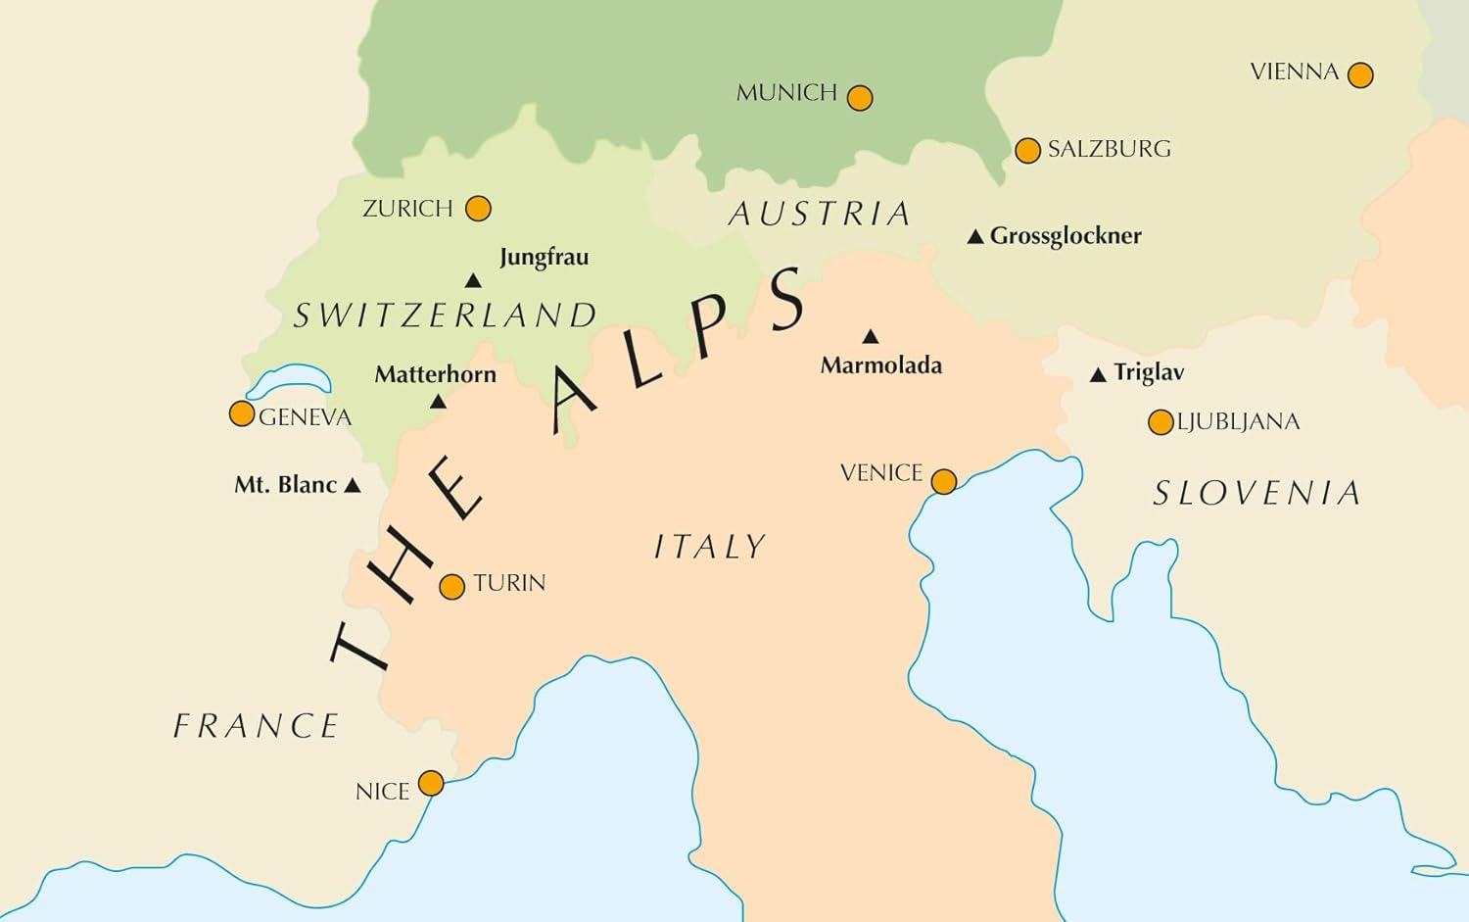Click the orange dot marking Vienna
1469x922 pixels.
point(1360,74)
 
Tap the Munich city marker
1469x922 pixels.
point(860,98)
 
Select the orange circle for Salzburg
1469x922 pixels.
point(1027,150)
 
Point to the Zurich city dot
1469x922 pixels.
point(478,209)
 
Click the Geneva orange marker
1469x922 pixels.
point(242,413)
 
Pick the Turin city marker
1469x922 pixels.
point(451,587)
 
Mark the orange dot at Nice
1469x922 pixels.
point(431,783)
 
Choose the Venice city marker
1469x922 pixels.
point(943,481)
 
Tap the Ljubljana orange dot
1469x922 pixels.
point(1161,422)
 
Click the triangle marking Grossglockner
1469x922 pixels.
point(975,237)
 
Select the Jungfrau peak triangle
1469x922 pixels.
point(473,281)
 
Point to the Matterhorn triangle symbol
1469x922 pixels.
point(438,402)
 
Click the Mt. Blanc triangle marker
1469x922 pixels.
point(353,485)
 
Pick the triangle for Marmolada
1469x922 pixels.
point(870,337)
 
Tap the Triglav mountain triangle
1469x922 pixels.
point(1098,374)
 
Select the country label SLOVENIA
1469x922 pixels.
point(1256,493)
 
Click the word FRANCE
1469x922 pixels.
point(256,726)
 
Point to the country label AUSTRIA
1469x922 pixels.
point(820,214)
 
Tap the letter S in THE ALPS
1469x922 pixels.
point(785,299)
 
